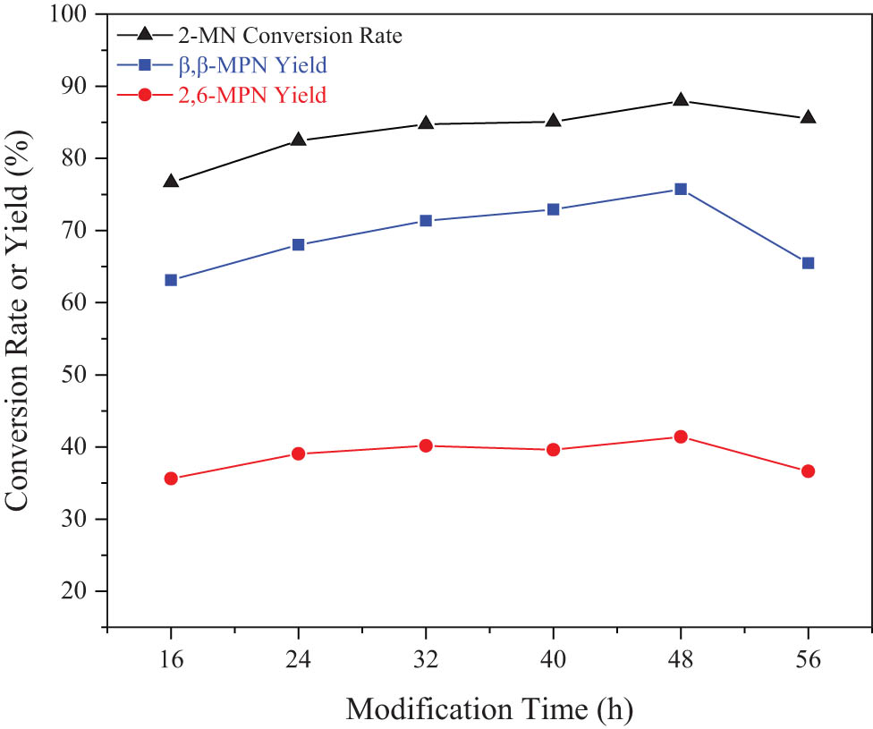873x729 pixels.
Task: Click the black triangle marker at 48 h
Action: click(681, 99)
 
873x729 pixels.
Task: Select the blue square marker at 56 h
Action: click(808, 263)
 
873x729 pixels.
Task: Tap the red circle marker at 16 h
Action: click(171, 479)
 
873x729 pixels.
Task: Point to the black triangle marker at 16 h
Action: click(171, 181)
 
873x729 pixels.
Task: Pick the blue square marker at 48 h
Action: click(681, 189)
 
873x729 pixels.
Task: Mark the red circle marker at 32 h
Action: click(426, 445)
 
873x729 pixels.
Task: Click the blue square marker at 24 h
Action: click(299, 244)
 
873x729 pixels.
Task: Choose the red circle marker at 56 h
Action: click(808, 471)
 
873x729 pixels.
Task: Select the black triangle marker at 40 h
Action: click(554, 120)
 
